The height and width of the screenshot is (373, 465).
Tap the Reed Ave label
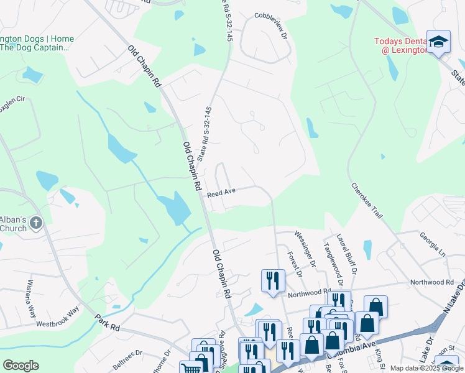(x=221, y=193)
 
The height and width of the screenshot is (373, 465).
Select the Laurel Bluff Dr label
(x=347, y=254)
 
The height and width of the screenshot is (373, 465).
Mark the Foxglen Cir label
(x=12, y=99)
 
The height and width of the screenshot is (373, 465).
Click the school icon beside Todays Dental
(x=438, y=41)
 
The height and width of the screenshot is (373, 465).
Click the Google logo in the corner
(x=21, y=366)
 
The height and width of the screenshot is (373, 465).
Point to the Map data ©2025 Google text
(x=426, y=368)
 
